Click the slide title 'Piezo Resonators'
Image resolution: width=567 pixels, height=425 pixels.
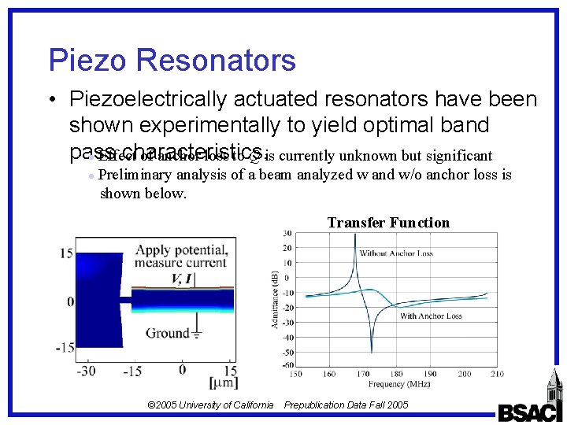tap(172, 61)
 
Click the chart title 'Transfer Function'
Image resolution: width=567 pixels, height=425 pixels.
tap(388, 223)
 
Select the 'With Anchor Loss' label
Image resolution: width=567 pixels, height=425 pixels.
tap(431, 316)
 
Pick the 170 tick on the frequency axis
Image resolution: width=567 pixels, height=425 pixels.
tap(363, 374)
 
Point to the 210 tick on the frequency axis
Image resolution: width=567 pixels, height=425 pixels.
tap(497, 374)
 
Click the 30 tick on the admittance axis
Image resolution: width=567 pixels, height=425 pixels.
tap(288, 234)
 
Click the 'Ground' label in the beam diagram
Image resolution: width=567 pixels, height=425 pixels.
tap(168, 333)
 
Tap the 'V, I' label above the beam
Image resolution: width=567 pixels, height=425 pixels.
tap(182, 279)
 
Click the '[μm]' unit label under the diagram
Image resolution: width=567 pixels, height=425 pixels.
tap(222, 382)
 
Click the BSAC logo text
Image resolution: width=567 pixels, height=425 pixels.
tap(530, 412)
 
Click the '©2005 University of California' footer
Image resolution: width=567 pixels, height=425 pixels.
tap(210, 405)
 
